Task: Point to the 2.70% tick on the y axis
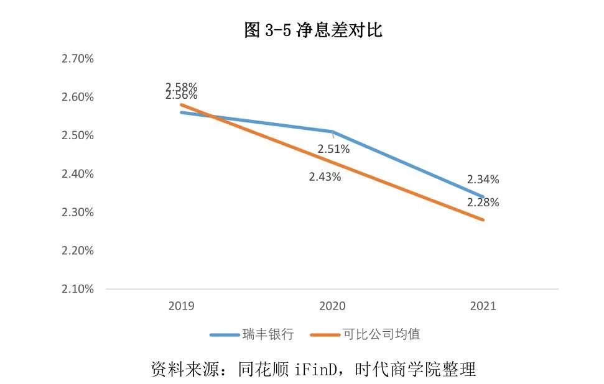point(77,59)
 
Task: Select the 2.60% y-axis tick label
point(77,98)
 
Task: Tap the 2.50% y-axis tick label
point(77,135)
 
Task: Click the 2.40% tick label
point(77,174)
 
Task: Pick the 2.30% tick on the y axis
point(77,213)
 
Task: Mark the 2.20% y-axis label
point(77,251)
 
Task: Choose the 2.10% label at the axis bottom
point(77,290)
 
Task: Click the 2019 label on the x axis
point(181,306)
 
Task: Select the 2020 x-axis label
point(332,306)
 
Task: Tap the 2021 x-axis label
point(483,306)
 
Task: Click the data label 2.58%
point(181,86)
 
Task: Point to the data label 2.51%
point(333,149)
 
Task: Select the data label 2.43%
point(325,176)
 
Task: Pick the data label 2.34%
point(483,180)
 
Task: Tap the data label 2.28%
point(483,203)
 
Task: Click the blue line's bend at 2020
point(332,132)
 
